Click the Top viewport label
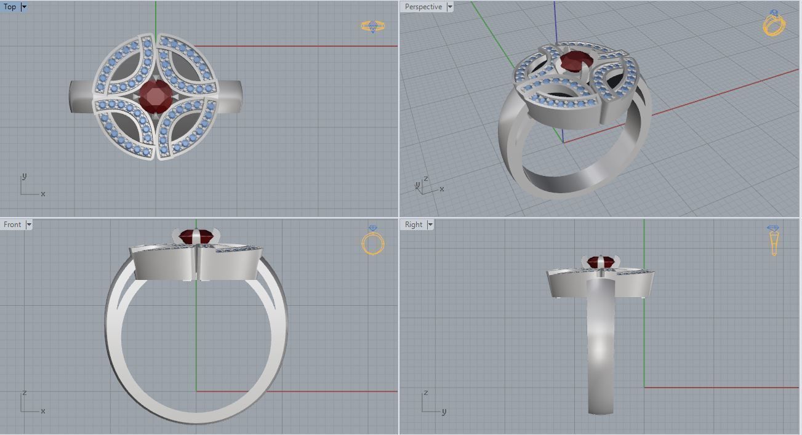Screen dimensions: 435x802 (10, 7)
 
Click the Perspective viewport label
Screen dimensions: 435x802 (423, 7)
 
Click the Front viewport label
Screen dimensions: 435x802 (12, 225)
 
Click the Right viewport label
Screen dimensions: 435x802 (414, 225)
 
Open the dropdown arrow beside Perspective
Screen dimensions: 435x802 (450, 7)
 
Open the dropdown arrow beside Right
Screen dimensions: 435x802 (430, 225)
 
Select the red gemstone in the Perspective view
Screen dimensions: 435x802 (577, 62)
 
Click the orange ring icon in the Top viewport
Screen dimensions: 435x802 (372, 26)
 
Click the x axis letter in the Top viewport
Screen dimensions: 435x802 (43, 194)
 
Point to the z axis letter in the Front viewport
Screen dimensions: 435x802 (24, 393)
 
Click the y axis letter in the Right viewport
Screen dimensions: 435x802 (444, 412)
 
